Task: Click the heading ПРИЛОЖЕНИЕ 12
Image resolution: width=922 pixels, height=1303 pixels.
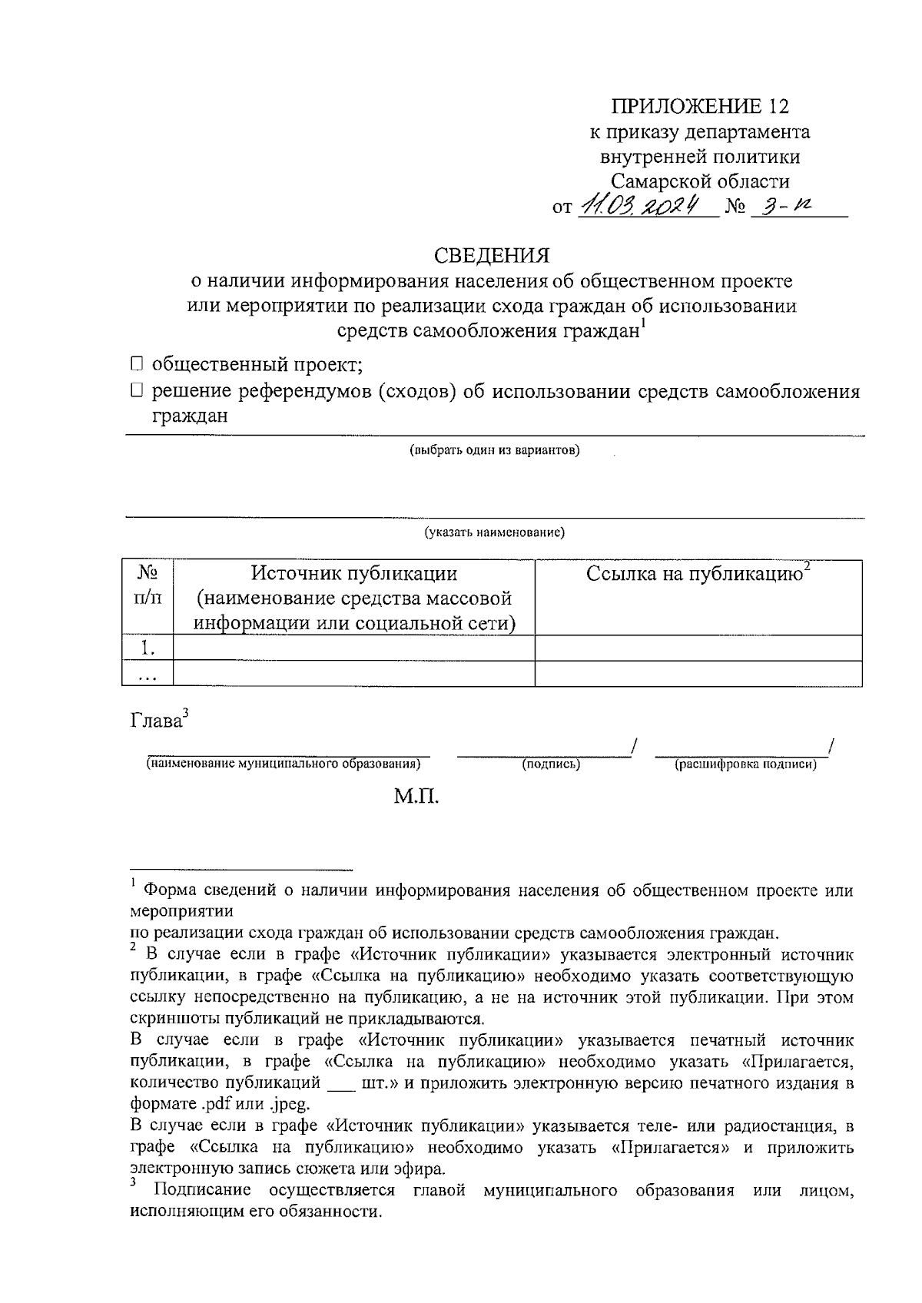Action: pos(699,106)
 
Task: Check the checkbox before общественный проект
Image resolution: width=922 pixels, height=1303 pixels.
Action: pos(137,363)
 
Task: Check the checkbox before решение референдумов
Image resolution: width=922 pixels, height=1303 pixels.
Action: pos(137,392)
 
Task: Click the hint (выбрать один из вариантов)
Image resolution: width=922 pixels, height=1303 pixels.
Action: pos(494,450)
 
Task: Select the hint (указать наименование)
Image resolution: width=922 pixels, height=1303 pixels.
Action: pos(495,532)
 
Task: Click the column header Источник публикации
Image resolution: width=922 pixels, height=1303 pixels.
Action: pos(354,574)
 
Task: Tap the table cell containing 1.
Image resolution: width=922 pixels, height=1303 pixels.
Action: pos(148,648)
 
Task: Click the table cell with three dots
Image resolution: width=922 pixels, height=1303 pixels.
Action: pos(148,675)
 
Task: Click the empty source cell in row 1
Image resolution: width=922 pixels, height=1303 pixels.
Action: pos(354,648)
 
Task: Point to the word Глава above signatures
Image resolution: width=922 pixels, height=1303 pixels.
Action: pos(156,721)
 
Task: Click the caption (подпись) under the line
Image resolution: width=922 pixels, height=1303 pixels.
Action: pos(551,764)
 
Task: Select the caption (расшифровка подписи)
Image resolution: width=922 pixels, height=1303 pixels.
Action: pos(745,764)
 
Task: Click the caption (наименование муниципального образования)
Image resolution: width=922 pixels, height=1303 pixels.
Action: pos(284,764)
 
